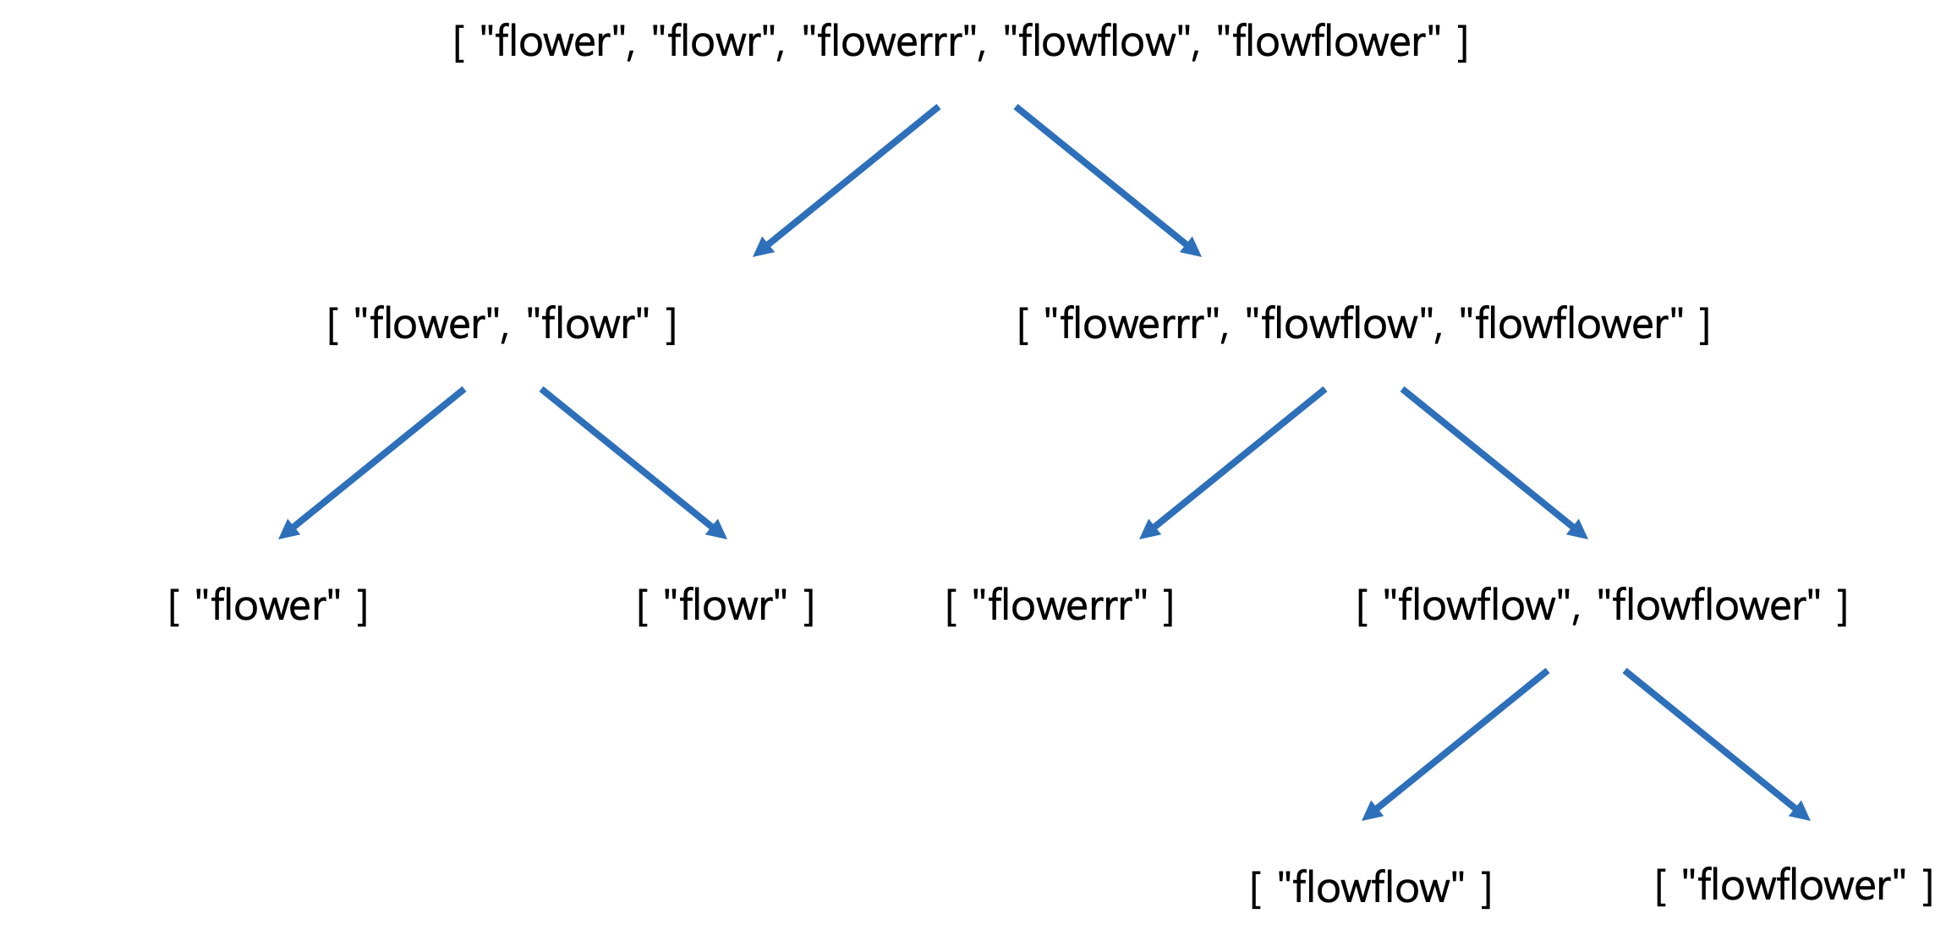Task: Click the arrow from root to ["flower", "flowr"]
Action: [846, 180]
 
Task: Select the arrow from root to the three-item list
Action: [1108, 180]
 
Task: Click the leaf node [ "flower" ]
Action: [268, 606]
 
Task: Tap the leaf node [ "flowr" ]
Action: [726, 606]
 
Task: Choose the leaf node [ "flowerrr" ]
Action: [1060, 606]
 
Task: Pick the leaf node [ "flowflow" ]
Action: [1370, 888]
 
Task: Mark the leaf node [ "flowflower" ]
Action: [1793, 886]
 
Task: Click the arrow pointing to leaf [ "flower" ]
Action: [372, 462]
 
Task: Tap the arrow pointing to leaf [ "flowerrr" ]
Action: [1233, 462]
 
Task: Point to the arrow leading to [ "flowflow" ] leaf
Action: [1455, 744]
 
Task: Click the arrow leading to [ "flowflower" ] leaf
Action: [1717, 744]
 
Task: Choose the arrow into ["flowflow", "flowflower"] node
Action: [1495, 462]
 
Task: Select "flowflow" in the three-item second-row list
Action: [1340, 325]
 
